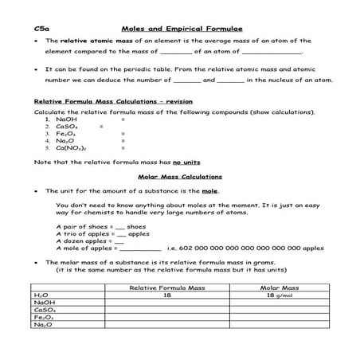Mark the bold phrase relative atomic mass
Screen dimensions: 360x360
pos(93,40)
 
